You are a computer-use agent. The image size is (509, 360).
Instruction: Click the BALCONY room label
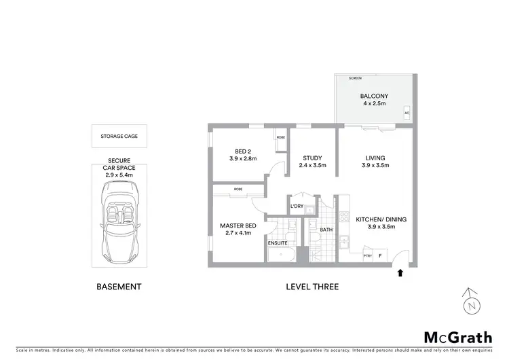373,96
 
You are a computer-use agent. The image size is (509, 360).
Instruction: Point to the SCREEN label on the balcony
355,79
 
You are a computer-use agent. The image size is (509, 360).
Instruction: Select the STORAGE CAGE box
119,137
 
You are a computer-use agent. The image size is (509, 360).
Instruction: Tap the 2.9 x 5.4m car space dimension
119,175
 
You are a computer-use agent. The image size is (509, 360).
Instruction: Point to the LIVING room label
373,158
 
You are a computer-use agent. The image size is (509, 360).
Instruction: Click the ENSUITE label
278,242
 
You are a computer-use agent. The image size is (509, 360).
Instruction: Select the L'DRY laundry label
296,206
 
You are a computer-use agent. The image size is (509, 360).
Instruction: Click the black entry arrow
399,273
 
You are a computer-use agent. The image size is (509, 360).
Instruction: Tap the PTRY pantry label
368,256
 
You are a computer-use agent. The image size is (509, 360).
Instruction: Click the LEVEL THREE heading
312,287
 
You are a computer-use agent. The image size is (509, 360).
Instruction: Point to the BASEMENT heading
119,287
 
